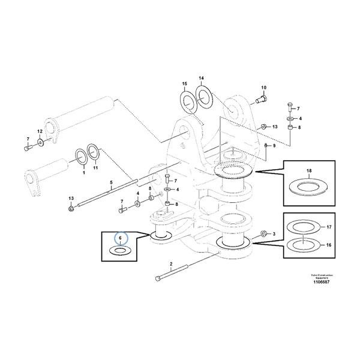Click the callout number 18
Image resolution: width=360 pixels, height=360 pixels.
point(309,172)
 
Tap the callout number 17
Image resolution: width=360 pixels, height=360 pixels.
point(328,227)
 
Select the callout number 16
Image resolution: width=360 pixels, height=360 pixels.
point(328,246)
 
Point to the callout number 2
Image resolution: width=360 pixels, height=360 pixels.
point(171,263)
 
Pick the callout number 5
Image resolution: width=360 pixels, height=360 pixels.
point(110,182)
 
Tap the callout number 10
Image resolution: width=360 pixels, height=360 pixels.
point(263,88)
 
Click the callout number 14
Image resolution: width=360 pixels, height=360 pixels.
point(201,79)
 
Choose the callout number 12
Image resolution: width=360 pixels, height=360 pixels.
point(40,131)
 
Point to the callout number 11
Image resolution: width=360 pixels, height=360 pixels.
point(95,172)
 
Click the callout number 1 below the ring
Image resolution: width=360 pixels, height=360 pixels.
point(83,172)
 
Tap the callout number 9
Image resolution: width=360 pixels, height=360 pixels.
point(274,145)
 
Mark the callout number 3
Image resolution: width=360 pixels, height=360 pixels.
point(274,233)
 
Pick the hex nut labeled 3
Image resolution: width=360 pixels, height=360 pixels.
point(263,233)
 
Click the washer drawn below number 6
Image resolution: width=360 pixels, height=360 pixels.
point(121,250)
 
